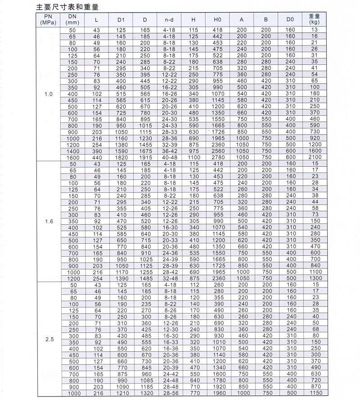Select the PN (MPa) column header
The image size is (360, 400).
48,19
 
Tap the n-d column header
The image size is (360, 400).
169,19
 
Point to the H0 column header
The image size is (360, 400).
217,19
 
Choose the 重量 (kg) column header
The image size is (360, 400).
314,19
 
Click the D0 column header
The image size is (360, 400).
290,19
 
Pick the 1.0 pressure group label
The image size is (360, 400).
49,94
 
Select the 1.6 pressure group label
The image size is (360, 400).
49,221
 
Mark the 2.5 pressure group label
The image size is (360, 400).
49,340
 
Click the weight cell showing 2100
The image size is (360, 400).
314,157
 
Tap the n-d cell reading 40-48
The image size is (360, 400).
169,157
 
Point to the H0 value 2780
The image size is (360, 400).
217,157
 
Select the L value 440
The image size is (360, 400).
97,157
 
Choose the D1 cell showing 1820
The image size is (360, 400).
121,157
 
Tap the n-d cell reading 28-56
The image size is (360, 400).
169,393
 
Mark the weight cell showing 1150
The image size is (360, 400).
314,393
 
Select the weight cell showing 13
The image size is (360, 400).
314,30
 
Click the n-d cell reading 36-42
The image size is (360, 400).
169,151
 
